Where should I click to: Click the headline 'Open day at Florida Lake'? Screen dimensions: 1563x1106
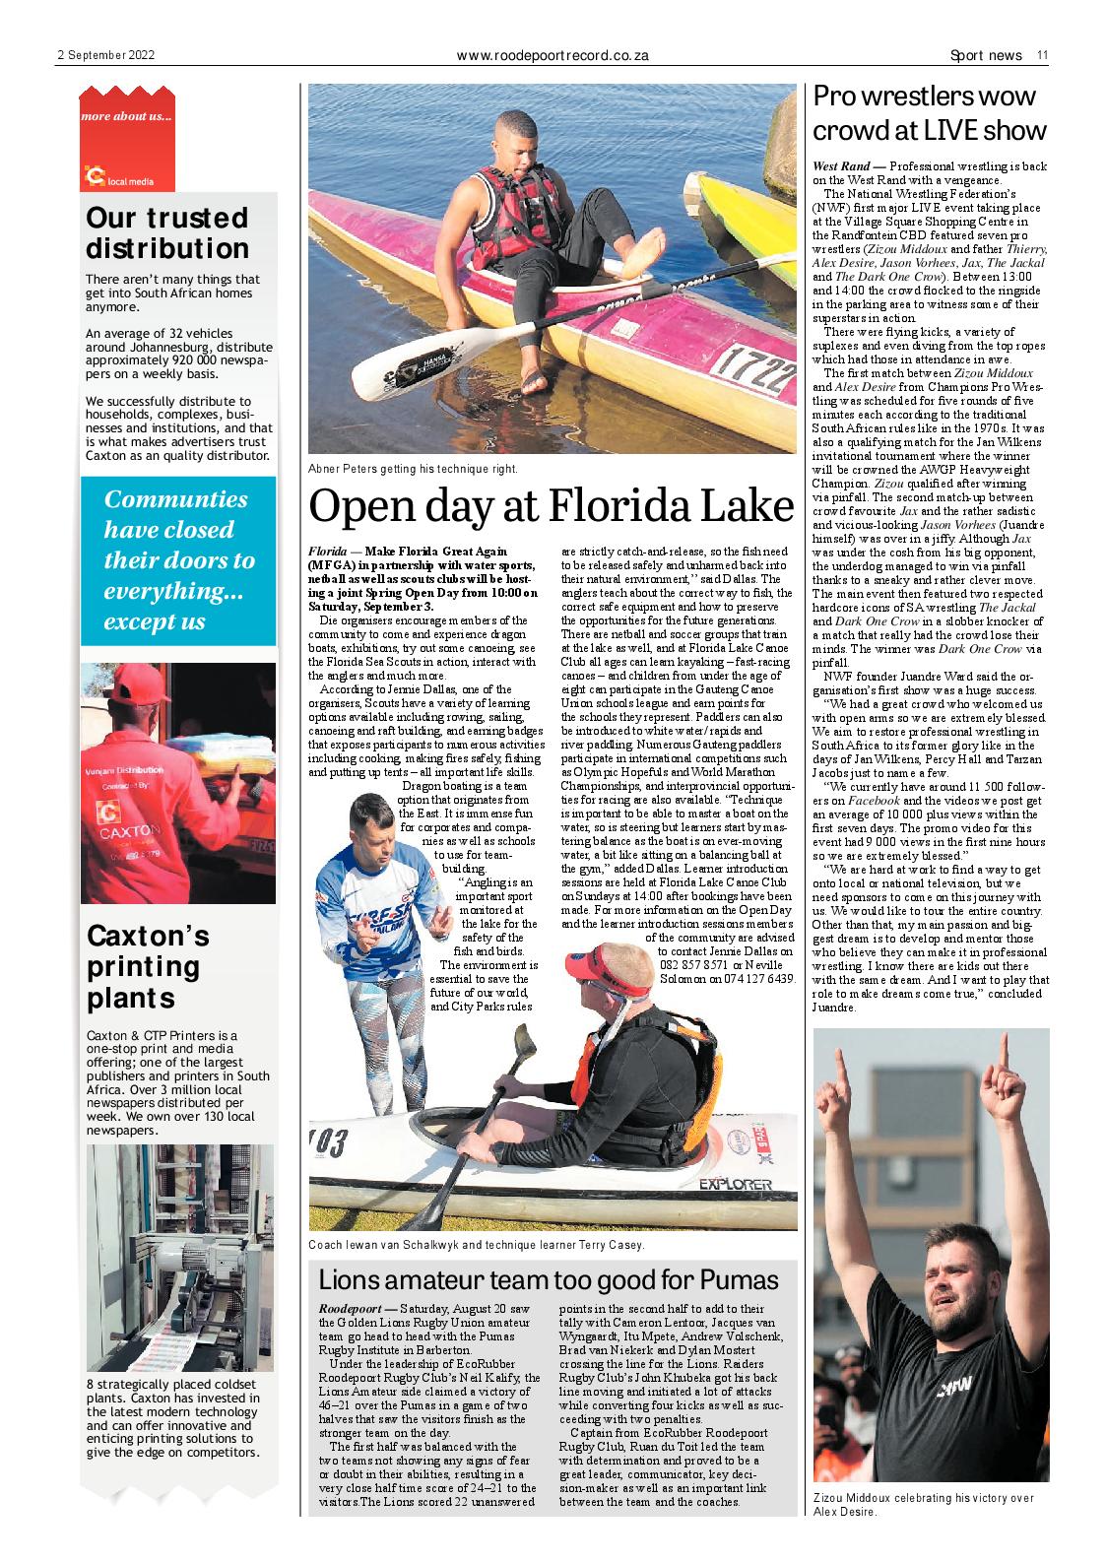pos(551,505)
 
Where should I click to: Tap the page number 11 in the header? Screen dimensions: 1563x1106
pos(1041,56)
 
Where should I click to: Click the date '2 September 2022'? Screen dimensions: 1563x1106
pos(105,56)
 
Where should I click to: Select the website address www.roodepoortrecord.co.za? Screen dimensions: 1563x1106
pos(553,56)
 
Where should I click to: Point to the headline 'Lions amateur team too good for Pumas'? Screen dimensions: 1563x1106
pos(549,1280)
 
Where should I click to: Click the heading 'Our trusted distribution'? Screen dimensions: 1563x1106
pos(167,232)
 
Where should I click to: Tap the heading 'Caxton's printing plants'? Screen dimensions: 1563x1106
pos(149,966)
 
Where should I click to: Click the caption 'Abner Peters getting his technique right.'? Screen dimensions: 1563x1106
pos(413,470)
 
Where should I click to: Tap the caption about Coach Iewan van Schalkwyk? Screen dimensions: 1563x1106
pos(477,1245)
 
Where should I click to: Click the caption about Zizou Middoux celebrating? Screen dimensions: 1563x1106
pos(924,1504)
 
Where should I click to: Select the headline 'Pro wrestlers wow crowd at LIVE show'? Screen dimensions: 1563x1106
pos(928,112)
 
